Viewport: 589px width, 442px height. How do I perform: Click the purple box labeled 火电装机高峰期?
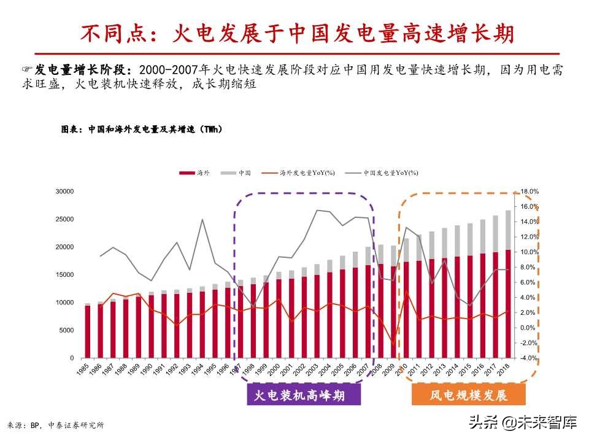[x=304, y=395]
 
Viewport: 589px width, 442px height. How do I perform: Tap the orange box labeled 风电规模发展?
[x=468, y=395]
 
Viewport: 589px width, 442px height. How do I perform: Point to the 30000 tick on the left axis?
[x=64, y=192]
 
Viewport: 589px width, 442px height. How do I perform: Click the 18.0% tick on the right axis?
[x=529, y=192]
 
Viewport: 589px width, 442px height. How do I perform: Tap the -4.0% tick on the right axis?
[x=529, y=358]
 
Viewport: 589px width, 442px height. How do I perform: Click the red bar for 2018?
[x=509, y=304]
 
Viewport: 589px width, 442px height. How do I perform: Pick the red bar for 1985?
[x=88, y=331]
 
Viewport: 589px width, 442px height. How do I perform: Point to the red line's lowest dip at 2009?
[x=394, y=345]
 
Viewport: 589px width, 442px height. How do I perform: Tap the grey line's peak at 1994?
[x=202, y=219]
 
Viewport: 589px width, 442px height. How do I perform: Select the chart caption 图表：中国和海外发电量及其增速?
[x=141, y=130]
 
